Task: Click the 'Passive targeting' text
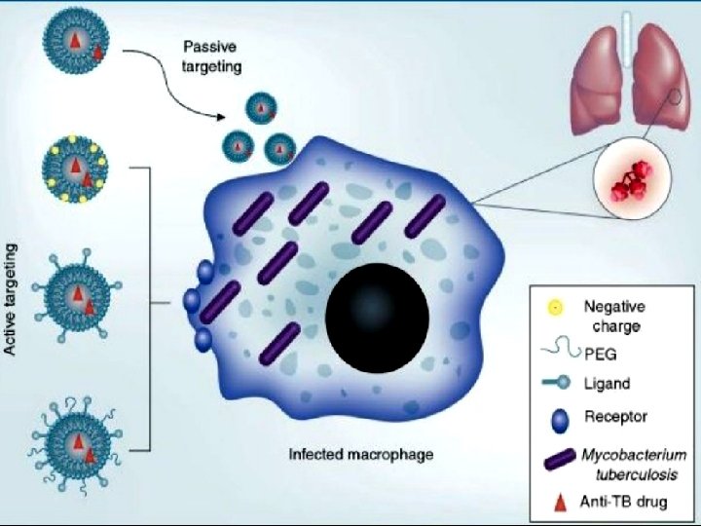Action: coord(212,56)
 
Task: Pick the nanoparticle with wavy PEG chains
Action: coord(75,444)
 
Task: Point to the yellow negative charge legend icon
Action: coord(552,309)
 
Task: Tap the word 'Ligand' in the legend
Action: coord(610,385)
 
